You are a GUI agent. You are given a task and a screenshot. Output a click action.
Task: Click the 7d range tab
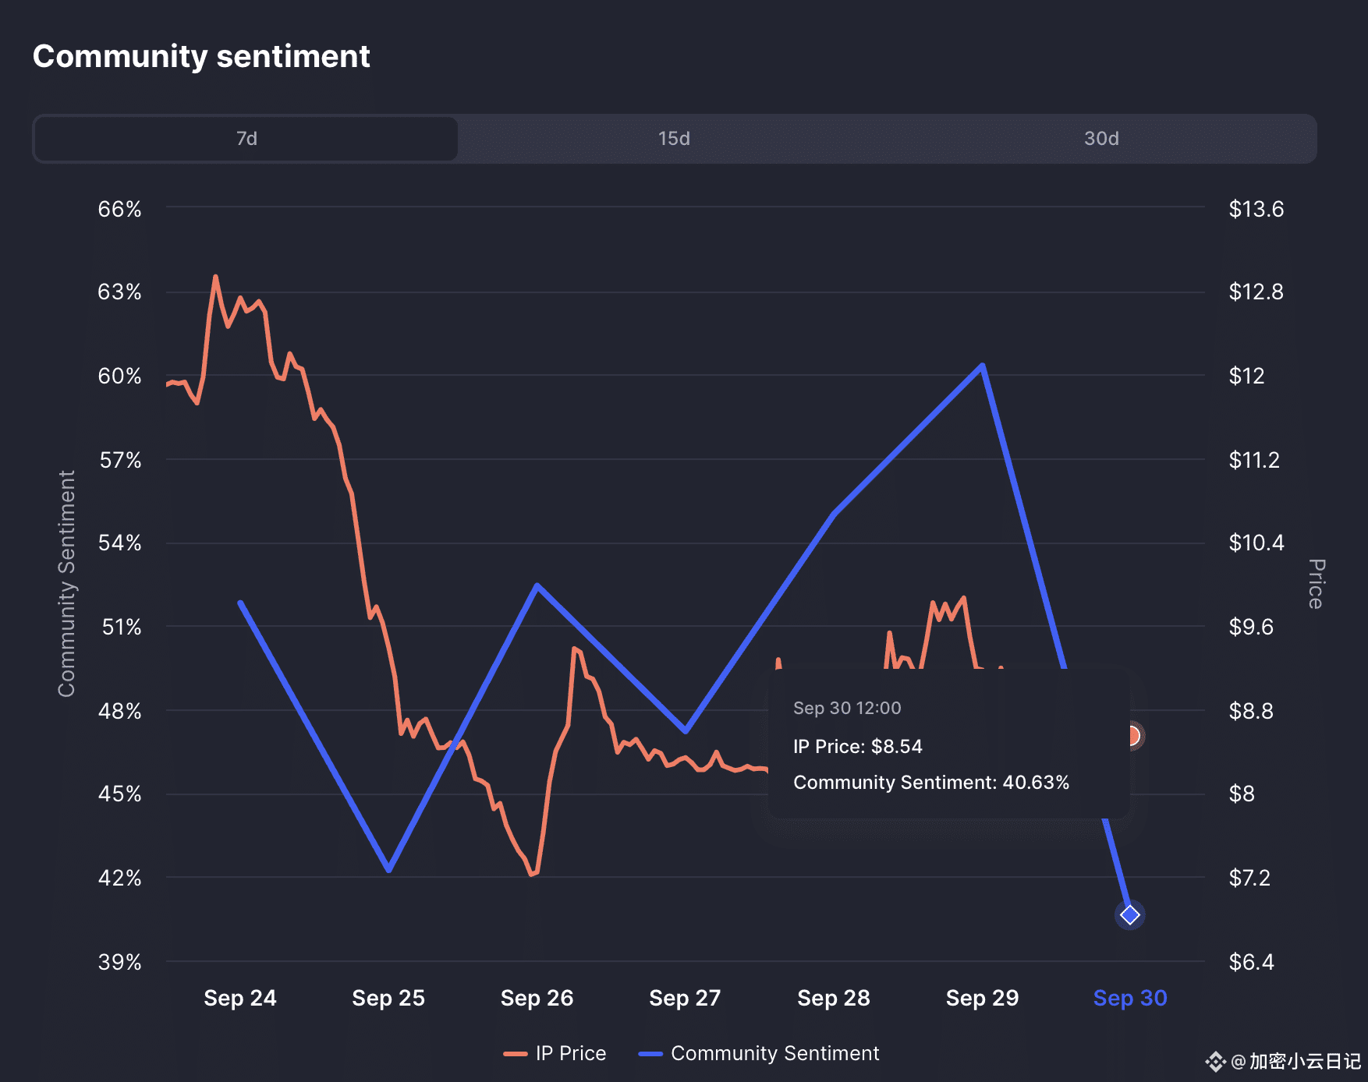point(246,139)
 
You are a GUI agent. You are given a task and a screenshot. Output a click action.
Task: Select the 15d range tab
point(674,139)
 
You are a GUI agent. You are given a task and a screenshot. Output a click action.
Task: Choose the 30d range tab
point(1101,139)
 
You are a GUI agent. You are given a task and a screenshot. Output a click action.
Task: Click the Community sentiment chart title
point(201,57)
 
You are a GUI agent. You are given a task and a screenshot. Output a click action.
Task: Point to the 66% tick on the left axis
point(119,209)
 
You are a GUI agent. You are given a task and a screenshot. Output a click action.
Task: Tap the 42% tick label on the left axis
point(119,878)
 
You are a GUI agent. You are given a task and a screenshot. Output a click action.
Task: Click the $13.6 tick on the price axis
point(1256,209)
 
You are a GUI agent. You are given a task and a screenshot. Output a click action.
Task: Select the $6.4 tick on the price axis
point(1251,962)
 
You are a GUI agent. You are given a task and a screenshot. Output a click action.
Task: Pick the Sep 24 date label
point(240,998)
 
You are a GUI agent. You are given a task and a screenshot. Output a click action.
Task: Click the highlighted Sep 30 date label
point(1130,998)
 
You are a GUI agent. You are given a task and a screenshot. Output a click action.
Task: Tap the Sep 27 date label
point(685,998)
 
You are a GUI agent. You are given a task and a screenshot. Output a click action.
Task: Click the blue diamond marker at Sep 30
point(1130,914)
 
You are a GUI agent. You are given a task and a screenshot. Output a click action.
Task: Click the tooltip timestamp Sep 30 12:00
point(847,708)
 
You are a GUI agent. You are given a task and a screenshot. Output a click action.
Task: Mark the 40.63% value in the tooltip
point(1036,783)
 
